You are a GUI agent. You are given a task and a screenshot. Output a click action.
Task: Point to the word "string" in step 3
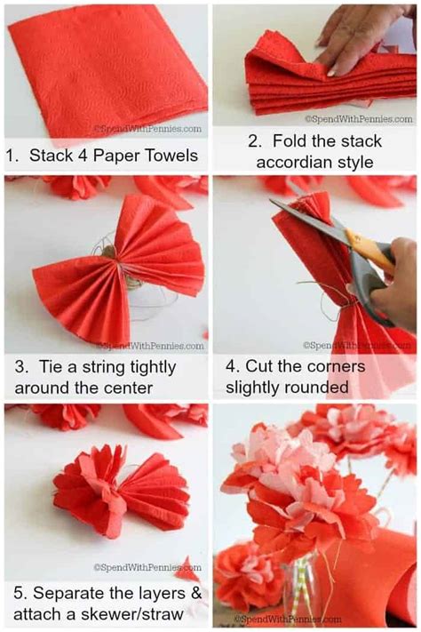point(103,368)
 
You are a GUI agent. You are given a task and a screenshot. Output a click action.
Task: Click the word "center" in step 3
point(128,388)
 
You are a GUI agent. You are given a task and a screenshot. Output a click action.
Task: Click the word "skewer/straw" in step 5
point(132,615)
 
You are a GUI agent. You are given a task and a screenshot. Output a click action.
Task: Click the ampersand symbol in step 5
point(195,593)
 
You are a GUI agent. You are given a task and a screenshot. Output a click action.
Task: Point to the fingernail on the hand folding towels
point(331,73)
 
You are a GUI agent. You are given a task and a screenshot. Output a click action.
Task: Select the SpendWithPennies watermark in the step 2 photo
point(359,119)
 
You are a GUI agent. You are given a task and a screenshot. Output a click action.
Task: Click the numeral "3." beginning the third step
point(21,367)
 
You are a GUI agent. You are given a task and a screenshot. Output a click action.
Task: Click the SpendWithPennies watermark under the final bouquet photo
point(288,619)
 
